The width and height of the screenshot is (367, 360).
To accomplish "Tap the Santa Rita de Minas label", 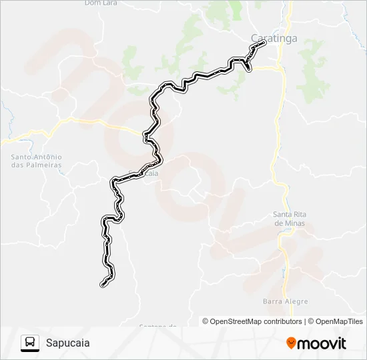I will point(290,219).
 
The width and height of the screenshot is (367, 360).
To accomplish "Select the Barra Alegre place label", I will point(286,301).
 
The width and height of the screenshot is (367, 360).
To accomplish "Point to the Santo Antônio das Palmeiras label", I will point(36,161).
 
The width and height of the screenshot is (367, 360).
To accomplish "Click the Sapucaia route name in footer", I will point(68,343).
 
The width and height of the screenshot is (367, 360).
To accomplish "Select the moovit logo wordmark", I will point(322,343).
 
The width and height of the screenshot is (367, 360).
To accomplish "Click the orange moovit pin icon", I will point(292,343).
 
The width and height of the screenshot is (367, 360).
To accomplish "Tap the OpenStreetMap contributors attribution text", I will point(256,321).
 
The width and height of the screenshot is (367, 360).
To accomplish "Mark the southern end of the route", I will point(103,285).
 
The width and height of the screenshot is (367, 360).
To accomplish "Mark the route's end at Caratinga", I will point(264,42).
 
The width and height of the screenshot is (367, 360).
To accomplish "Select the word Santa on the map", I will point(284,214).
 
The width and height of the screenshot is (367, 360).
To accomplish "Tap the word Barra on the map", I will point(273,301).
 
